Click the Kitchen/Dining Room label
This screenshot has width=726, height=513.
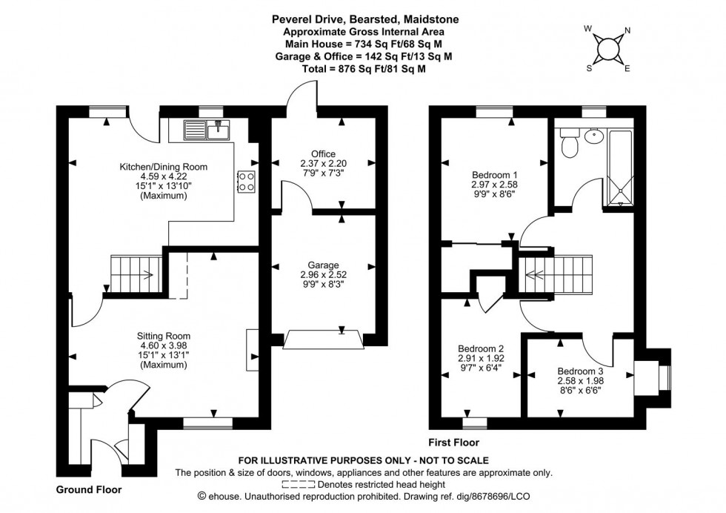click(x=164, y=168)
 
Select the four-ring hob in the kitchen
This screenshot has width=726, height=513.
click(x=245, y=182)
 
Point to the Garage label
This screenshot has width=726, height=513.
click(x=324, y=265)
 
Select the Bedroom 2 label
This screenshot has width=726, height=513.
click(x=481, y=349)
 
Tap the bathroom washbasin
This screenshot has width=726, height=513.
click(x=593, y=136)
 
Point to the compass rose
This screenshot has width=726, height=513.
click(x=607, y=48)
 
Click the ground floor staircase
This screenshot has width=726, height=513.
click(x=136, y=274)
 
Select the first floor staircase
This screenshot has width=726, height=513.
click(x=556, y=274)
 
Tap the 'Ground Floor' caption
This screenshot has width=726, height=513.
click(x=89, y=490)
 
